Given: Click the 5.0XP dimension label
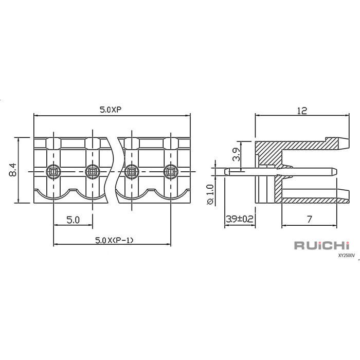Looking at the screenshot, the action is pos(111,110).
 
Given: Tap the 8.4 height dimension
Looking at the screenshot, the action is pos(13,170).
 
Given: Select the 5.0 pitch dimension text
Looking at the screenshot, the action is pos(73,220).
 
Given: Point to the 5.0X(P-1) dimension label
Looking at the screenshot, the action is pos(114,240).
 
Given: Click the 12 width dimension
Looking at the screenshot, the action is pos(302,111).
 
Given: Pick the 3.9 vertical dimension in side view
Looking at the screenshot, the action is pos(236,154).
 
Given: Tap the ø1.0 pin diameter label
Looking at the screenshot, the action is pos(210,194).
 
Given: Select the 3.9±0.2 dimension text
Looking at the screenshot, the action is pos(240,219).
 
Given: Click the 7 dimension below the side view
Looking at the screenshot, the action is pos(309,220).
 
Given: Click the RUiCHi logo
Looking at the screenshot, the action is pos(322,245).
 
